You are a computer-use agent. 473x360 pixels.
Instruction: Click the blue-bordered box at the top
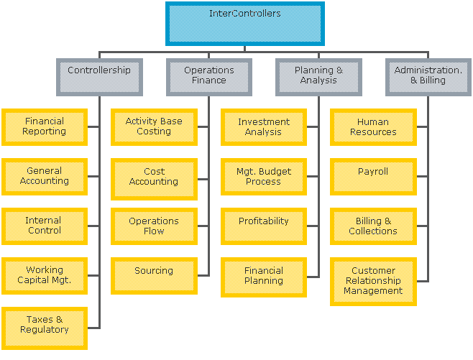click(244, 24)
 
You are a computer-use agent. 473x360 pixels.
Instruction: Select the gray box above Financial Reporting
click(99, 77)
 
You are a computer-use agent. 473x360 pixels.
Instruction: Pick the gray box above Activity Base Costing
click(209, 77)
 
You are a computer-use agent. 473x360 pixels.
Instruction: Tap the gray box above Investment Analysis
click(318, 77)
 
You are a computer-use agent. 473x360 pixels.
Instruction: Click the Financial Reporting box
click(45, 126)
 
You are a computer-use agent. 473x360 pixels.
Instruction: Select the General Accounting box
click(45, 177)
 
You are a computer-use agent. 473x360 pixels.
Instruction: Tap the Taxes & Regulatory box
click(45, 328)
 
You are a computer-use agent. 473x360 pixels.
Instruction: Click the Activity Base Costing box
click(154, 126)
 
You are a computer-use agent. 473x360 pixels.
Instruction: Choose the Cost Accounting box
click(154, 179)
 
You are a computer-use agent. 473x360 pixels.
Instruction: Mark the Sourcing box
click(154, 275)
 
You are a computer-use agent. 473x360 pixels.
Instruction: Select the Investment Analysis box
click(264, 126)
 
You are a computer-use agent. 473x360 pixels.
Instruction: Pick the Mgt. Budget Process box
click(264, 177)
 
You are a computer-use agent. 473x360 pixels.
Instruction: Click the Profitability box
click(264, 226)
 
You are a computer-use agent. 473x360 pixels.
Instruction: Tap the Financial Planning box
click(264, 277)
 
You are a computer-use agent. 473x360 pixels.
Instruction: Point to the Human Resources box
click(374, 126)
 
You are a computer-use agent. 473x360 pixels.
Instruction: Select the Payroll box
click(374, 177)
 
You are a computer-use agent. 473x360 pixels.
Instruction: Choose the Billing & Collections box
click(374, 226)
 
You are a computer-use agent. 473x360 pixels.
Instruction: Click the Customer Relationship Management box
click(374, 282)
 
